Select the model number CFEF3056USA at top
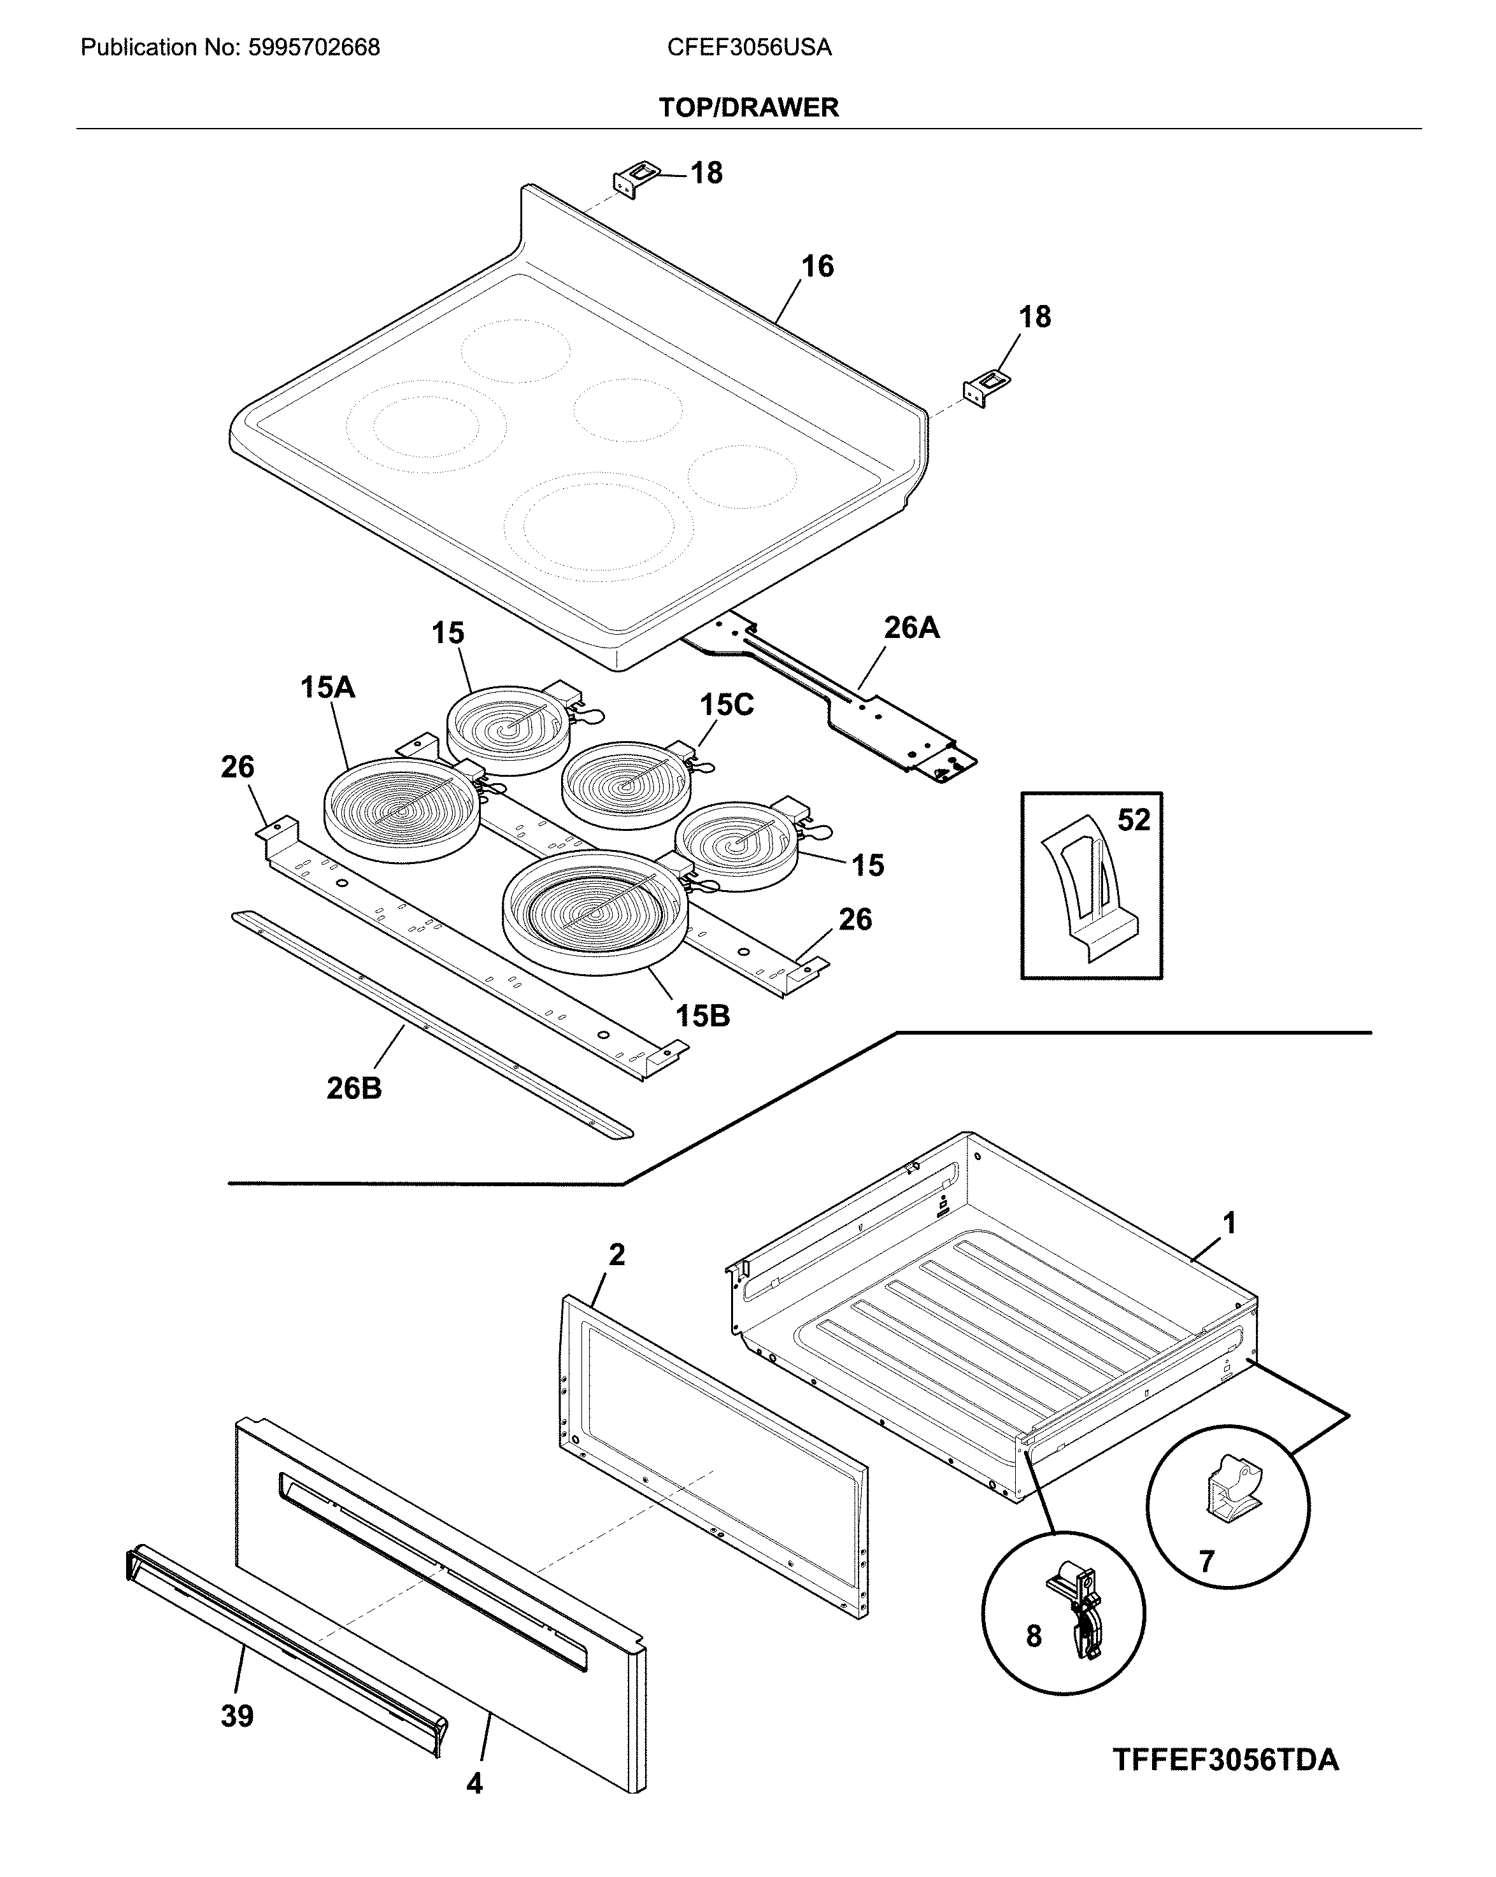749,47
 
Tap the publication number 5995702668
315,47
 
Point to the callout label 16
817,266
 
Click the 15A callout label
327,688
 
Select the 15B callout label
702,1015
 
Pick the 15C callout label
727,704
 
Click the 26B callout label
353,1087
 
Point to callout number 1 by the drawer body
1229,1223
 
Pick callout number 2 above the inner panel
616,1254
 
